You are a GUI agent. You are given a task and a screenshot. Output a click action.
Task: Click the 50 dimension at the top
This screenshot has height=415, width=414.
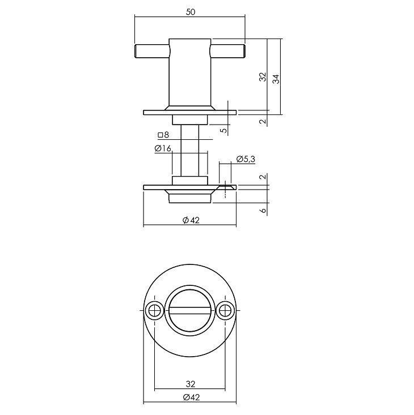point(191,12)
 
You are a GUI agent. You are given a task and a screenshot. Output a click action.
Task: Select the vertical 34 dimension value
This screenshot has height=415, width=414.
point(276,79)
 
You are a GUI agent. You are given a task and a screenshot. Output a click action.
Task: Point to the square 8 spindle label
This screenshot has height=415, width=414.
point(163,135)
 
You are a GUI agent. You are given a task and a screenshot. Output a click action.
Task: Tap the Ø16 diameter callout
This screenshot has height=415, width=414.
point(163,148)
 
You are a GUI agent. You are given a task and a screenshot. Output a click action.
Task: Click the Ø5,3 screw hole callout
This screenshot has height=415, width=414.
point(246,159)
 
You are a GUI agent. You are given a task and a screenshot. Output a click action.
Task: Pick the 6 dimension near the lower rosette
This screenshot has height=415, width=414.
point(263,211)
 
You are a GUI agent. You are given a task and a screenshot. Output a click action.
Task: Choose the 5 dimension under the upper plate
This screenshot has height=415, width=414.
point(225,130)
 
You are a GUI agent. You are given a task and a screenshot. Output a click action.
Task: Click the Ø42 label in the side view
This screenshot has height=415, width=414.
point(191,220)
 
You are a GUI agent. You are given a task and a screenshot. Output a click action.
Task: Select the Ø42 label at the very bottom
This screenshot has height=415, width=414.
point(191,397)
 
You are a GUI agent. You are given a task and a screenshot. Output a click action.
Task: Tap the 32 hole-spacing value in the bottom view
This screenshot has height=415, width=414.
point(191,384)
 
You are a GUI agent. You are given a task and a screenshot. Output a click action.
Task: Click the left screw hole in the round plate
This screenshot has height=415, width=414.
point(154,310)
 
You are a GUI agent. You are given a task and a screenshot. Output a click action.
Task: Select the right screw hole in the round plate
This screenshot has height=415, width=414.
point(225,310)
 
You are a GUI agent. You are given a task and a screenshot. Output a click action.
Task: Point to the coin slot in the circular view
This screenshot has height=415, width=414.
point(189,310)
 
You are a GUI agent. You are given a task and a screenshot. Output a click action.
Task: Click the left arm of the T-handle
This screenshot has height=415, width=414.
point(152,51)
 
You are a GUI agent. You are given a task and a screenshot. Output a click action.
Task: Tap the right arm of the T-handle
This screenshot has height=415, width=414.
point(227,51)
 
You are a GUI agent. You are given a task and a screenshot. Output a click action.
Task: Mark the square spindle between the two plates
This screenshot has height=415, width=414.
point(190,151)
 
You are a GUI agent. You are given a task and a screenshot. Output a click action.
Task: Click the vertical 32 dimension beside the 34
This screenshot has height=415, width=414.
point(263,77)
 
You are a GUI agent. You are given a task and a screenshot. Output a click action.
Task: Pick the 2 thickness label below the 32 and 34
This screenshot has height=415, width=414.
point(263,122)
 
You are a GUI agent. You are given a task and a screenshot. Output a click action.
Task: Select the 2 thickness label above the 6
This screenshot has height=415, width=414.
point(263,177)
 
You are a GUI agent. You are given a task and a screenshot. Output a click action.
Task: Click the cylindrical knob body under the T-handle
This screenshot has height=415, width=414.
point(190,72)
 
